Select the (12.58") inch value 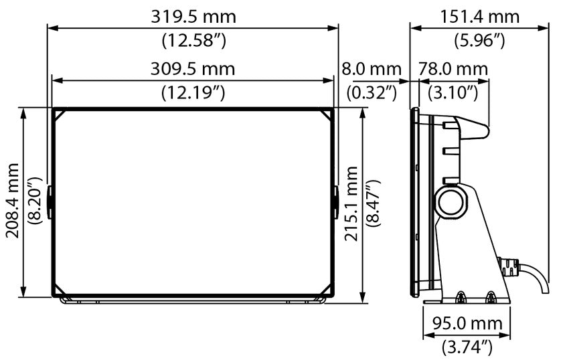tap(193, 40)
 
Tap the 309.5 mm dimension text tap(193, 68)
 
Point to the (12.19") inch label tap(193, 92)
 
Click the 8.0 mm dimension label tap(372, 68)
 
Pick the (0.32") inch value tap(372, 92)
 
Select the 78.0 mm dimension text tap(453, 68)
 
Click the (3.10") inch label tap(453, 92)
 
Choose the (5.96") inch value tap(479, 40)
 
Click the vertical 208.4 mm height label tap(14, 201)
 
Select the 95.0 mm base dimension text tap(467, 324)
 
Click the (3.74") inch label tap(467, 347)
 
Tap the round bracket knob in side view tap(450, 201)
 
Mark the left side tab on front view tap(50, 199)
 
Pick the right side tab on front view tap(335, 199)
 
